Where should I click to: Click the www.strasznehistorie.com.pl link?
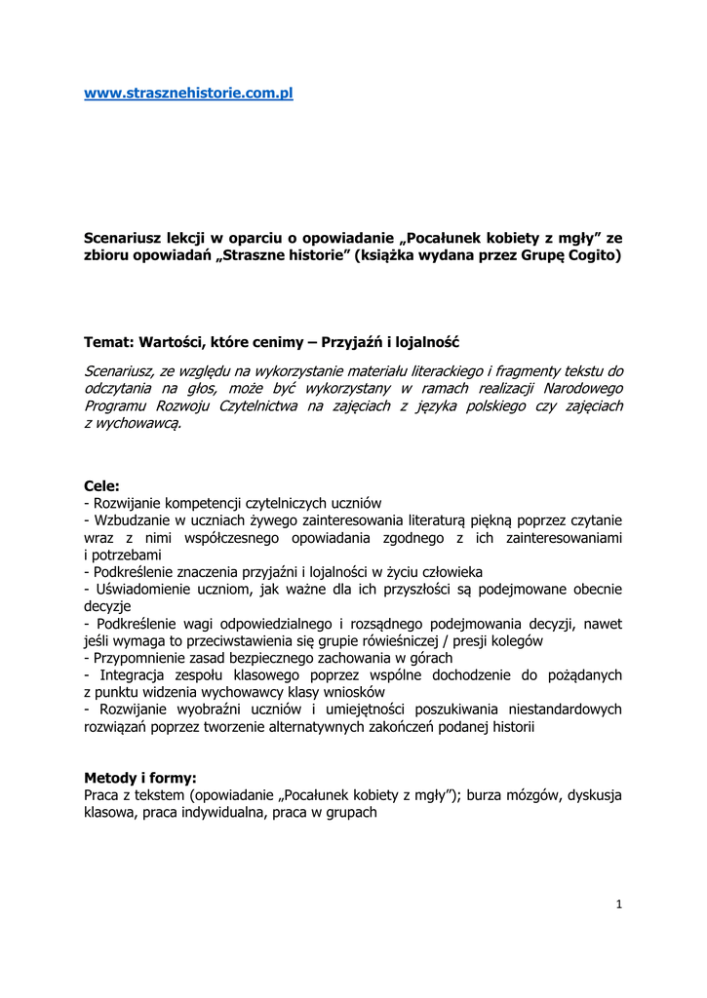pyautogui.click(x=188, y=94)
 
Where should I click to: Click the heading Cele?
pyautogui.click(x=102, y=484)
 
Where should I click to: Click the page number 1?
pyautogui.click(x=619, y=904)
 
